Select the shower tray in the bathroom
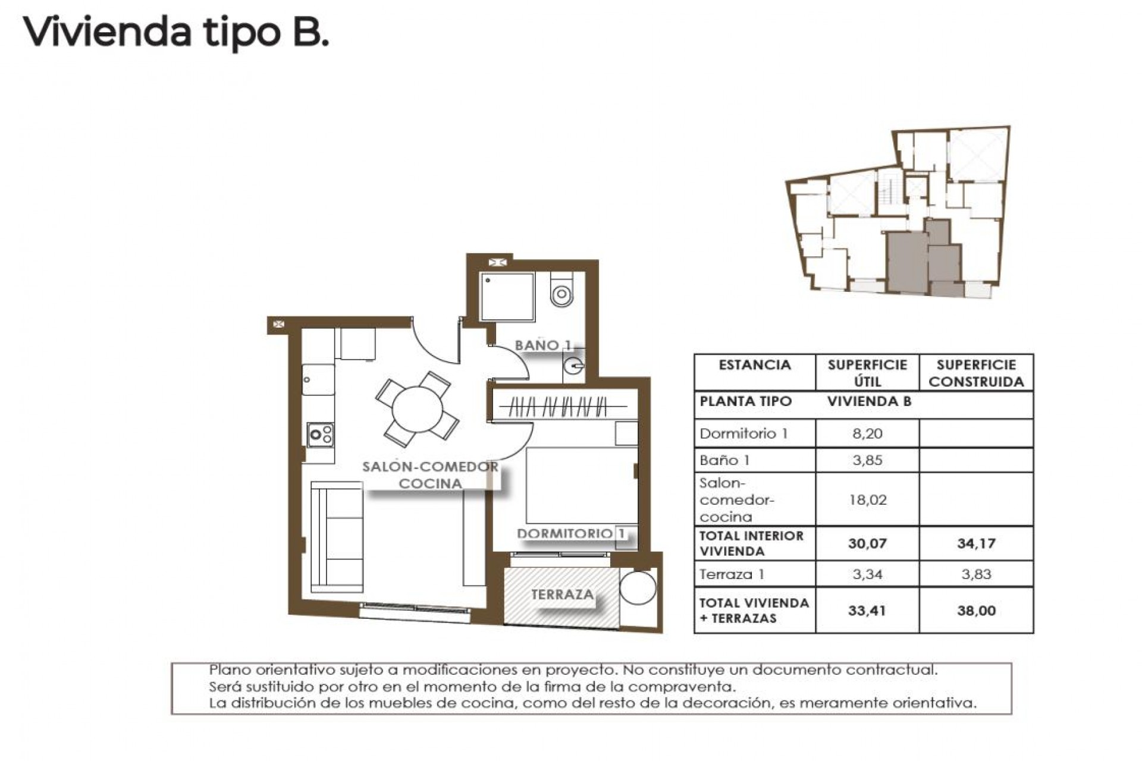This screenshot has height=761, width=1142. (507, 297)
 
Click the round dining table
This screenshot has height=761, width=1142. (417, 410)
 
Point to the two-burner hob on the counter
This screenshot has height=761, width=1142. (321, 435)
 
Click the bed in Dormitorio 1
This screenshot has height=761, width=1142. (581, 485)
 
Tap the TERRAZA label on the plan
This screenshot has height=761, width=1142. (562, 595)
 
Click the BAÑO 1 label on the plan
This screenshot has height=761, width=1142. (542, 345)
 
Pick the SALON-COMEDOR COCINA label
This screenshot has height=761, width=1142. (431, 475)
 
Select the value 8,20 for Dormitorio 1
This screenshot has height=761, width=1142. (867, 433)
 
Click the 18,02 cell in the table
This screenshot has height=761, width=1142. (867, 500)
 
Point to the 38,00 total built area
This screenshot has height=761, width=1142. (976, 611)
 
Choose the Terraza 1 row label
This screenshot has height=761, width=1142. (732, 574)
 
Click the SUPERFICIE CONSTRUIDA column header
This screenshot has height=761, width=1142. (976, 373)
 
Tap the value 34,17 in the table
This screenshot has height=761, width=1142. (976, 543)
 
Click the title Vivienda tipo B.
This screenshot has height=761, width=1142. (175, 32)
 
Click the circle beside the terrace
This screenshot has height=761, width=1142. (638, 588)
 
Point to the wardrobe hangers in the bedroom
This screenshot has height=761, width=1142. (559, 408)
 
